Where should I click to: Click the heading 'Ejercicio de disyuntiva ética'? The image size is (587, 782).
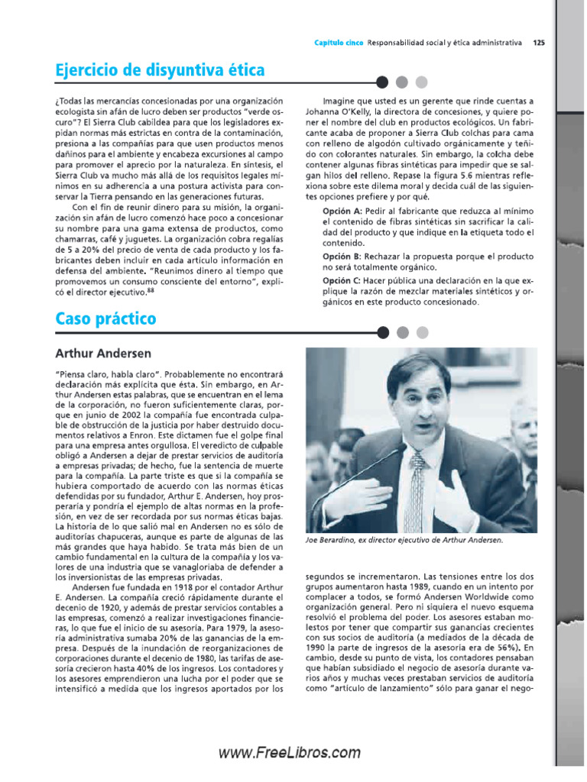click(160, 70)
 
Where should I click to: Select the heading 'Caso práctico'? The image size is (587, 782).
click(105, 318)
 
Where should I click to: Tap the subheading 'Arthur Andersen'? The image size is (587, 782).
click(103, 354)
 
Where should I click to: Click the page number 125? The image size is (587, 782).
click(539, 42)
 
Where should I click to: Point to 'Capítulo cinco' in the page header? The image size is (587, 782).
click(339, 42)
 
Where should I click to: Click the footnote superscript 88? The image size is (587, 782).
click(151, 289)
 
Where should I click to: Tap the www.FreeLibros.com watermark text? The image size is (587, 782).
click(290, 752)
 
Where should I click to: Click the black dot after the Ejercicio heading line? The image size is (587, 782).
click(383, 82)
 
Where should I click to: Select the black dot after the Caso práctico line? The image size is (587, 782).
click(383, 331)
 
